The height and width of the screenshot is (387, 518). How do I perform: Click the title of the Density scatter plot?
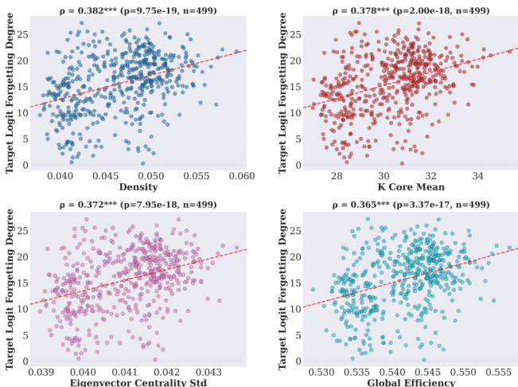tap(139, 10)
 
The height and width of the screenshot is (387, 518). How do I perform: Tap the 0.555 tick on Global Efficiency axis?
tap(499, 370)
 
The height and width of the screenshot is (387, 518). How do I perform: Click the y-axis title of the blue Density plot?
tap(11, 89)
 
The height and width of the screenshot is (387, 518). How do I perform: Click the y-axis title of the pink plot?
tap(11, 283)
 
